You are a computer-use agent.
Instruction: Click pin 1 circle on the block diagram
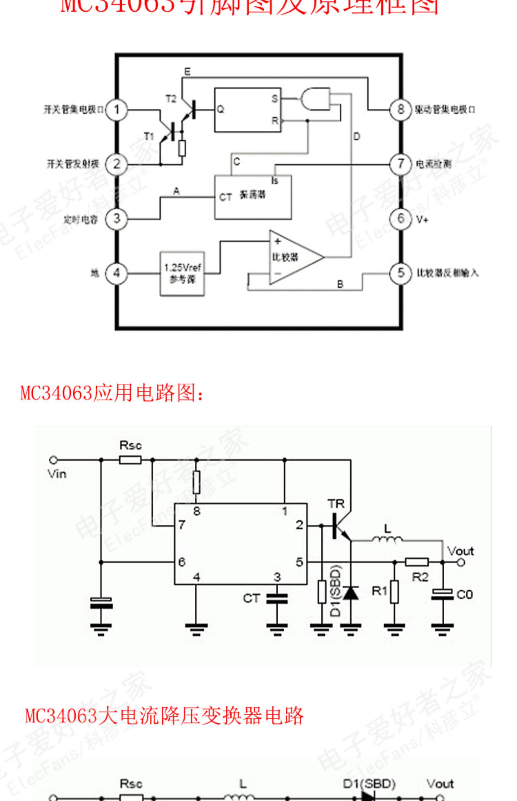click(x=116, y=110)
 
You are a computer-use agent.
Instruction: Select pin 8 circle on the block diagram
click(x=400, y=110)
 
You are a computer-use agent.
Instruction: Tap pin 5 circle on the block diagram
click(x=400, y=273)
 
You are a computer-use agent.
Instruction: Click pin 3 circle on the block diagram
click(x=116, y=218)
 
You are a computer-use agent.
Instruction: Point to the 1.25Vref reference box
click(x=182, y=274)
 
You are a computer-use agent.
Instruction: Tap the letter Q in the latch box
click(x=220, y=109)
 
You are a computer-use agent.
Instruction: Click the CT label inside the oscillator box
click(x=225, y=197)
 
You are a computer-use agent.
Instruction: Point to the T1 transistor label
click(x=149, y=137)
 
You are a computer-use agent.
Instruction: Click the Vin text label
click(x=57, y=474)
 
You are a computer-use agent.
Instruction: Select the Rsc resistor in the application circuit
click(x=130, y=459)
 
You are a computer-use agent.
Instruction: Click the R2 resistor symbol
click(x=417, y=562)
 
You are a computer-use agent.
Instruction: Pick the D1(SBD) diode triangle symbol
click(x=351, y=593)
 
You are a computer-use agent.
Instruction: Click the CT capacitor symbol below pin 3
click(x=277, y=599)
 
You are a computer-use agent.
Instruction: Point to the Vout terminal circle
click(x=461, y=563)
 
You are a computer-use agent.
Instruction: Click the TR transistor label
click(x=336, y=504)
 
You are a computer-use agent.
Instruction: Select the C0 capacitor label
click(x=464, y=595)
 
